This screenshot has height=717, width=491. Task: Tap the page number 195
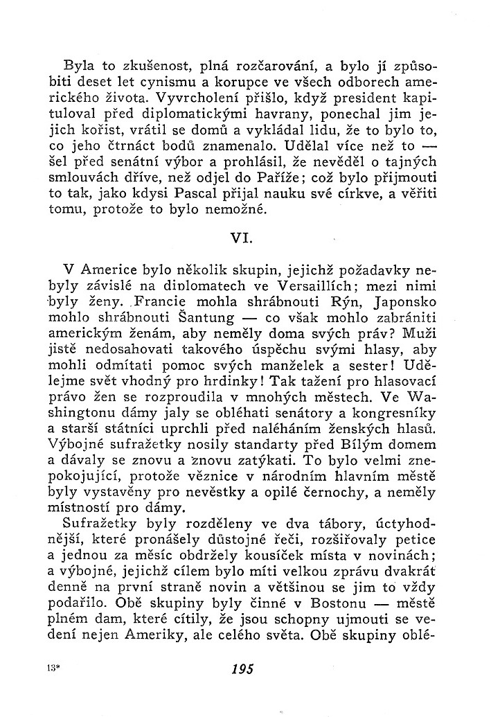click(x=244, y=669)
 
